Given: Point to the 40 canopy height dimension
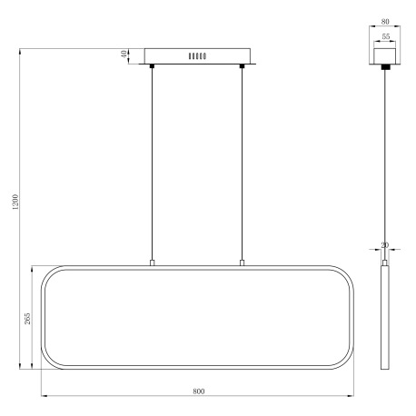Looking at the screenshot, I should [x=124, y=54].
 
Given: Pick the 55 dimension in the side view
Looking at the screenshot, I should [x=385, y=38].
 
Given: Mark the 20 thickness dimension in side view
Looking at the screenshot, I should [x=384, y=245].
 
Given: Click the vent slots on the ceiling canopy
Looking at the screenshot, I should [x=197, y=55].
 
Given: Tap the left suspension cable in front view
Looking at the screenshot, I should [x=153, y=163].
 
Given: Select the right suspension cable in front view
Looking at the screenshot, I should [x=243, y=163].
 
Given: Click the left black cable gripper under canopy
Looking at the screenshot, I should [x=153, y=66].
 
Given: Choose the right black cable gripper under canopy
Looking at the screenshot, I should [x=243, y=66].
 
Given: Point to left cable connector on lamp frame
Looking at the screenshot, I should [x=153, y=263].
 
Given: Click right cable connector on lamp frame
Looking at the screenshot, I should [x=243, y=263].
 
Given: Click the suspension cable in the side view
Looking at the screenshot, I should [x=384, y=163].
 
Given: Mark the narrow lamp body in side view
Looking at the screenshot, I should [x=384, y=318].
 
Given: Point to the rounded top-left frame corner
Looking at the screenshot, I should [x=47, y=274].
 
